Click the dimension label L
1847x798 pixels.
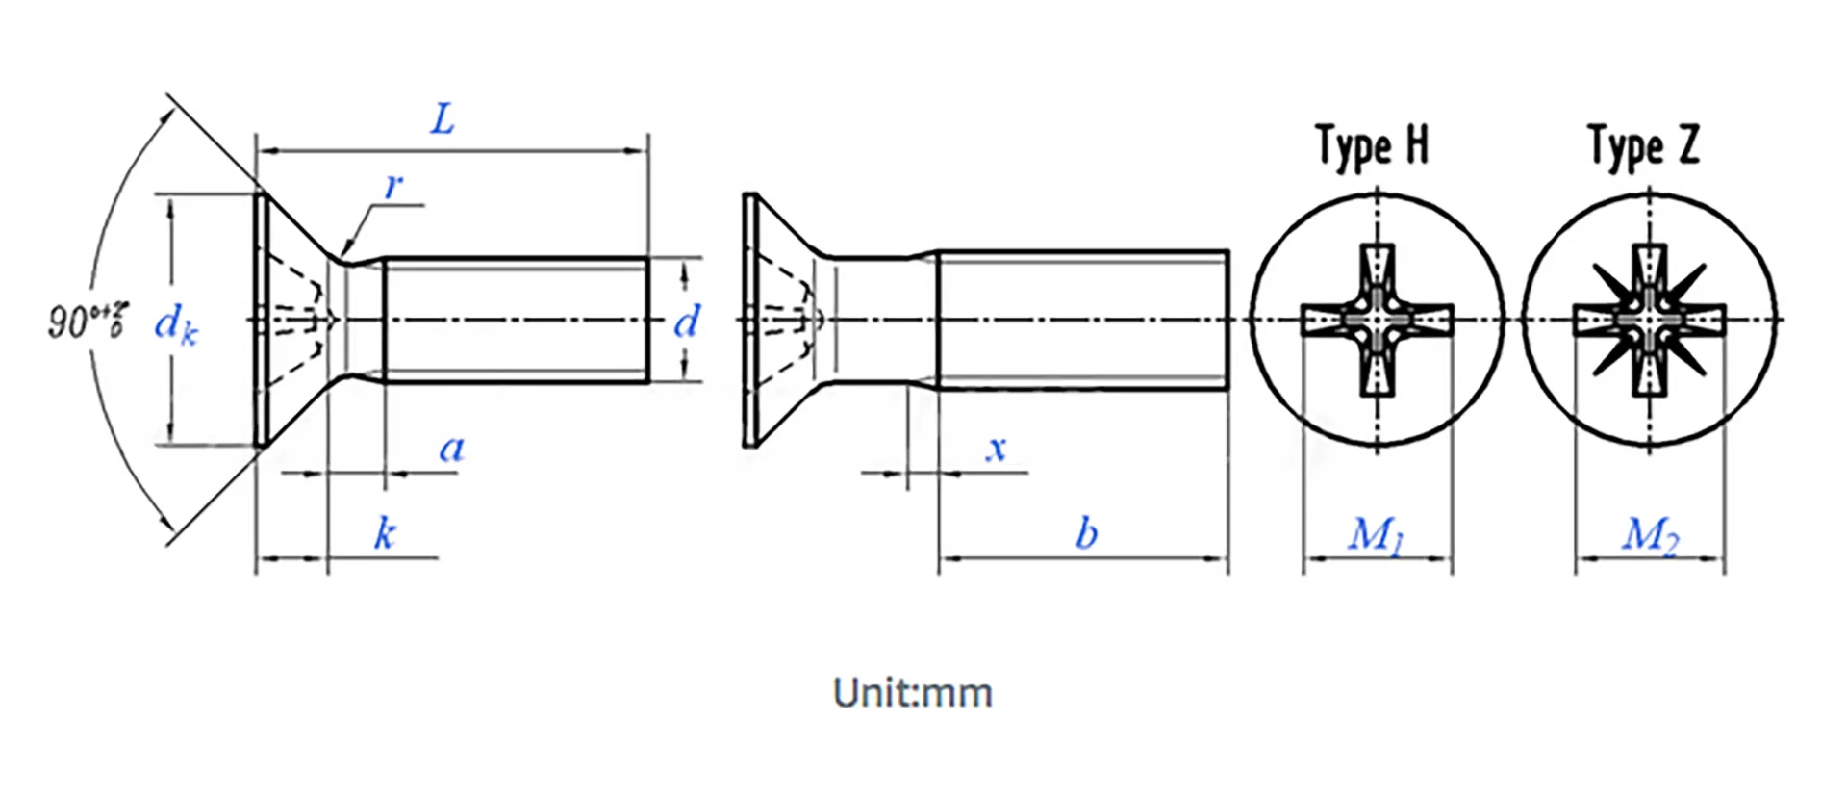[442, 120]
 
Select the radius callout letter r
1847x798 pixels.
[393, 185]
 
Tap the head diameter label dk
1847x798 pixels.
[176, 323]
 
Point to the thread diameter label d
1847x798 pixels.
[686, 322]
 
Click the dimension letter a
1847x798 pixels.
[451, 448]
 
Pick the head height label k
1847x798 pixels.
[385, 532]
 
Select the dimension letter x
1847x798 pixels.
[997, 448]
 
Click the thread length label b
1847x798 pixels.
[1086, 532]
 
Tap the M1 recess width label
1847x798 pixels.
[1376, 535]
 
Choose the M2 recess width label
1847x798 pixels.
[1650, 535]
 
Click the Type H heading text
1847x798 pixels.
[1372, 146]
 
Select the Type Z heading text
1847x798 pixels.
[1643, 146]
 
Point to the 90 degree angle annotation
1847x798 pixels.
[87, 320]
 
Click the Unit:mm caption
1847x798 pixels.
[912, 693]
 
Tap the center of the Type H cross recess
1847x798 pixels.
[1378, 320]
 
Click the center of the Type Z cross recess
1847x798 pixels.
[1650, 320]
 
